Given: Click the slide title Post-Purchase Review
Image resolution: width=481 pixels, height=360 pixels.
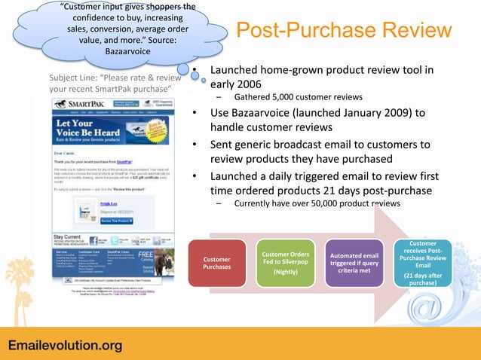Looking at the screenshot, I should click(344, 31).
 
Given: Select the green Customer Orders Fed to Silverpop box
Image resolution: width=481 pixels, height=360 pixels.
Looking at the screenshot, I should click(285, 263).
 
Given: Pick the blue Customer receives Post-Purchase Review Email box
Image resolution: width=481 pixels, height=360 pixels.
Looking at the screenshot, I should click(423, 263).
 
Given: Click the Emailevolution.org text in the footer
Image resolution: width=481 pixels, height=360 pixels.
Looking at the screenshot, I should click(65, 346).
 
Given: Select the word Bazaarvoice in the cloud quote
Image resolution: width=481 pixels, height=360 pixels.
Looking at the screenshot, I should click(125, 50).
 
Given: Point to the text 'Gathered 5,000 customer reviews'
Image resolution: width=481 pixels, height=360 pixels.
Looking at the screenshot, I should click(299, 97).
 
